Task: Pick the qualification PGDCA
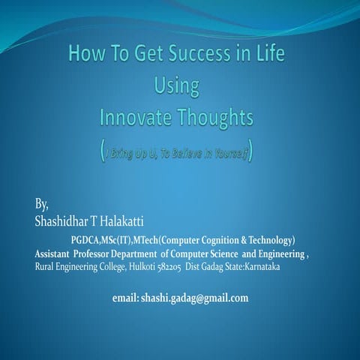90,241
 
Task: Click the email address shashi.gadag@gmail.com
180,298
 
